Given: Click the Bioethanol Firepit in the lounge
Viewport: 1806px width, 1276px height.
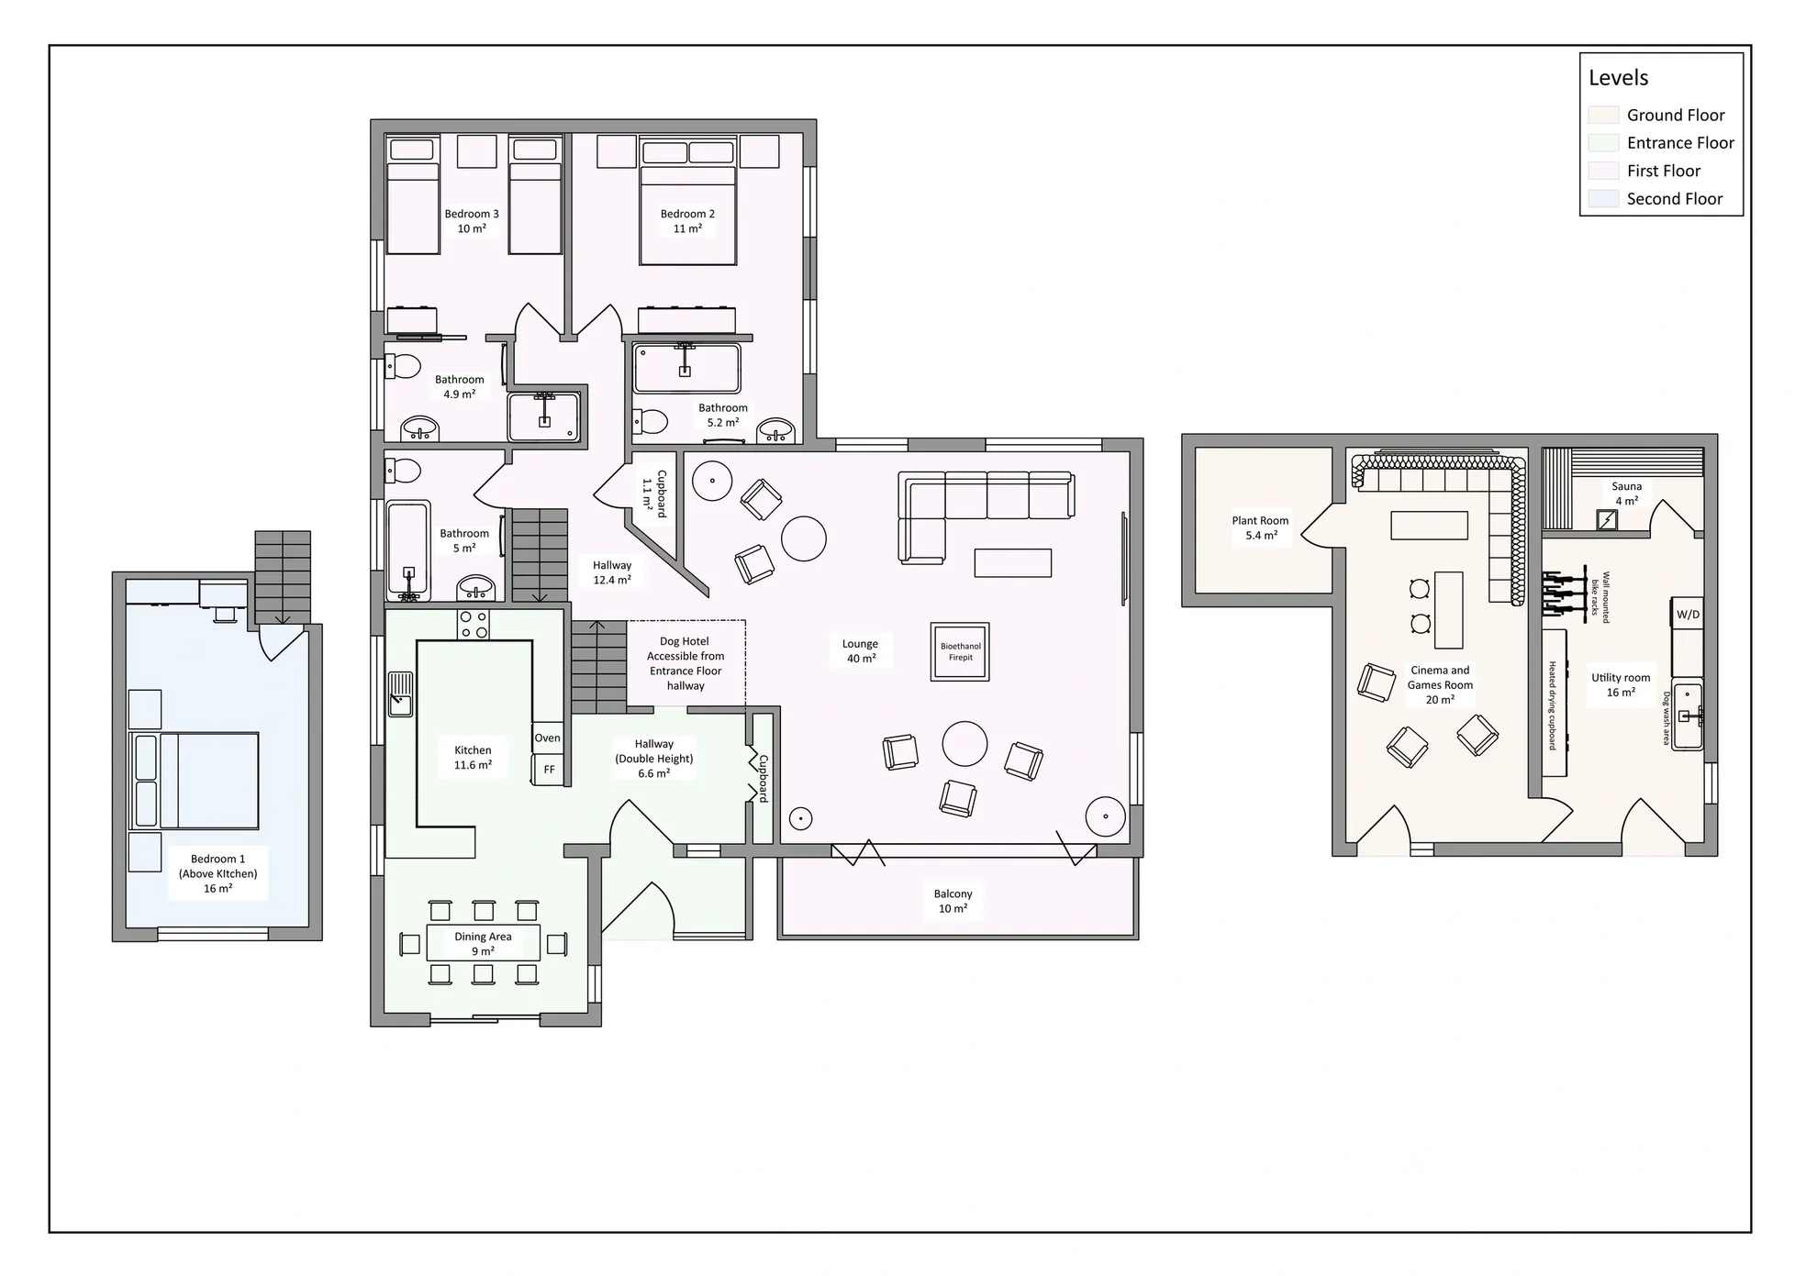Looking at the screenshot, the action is click(x=960, y=651).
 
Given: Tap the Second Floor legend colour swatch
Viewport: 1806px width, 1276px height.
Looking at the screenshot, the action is click(x=1603, y=199).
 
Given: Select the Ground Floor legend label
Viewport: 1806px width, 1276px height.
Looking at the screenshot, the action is click(x=1676, y=116).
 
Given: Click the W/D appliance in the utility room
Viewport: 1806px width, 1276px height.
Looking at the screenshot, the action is click(x=1688, y=614).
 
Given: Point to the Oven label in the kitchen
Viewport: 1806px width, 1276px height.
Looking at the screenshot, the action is click(x=547, y=738).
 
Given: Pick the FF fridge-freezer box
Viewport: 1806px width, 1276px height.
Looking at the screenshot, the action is click(x=549, y=769).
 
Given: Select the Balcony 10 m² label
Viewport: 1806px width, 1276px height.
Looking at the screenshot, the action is click(x=953, y=901).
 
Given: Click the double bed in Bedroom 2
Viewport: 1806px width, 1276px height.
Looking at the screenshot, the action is click(x=687, y=202).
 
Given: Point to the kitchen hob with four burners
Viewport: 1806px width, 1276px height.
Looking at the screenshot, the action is click(x=474, y=625).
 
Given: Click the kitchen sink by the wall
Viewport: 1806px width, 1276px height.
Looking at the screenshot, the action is click(x=400, y=693).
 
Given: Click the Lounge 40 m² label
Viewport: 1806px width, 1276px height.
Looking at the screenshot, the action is click(x=860, y=651).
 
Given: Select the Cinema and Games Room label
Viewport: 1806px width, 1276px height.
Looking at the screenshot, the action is click(x=1440, y=684).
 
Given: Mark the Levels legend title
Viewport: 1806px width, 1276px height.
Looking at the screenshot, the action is click(x=1619, y=78).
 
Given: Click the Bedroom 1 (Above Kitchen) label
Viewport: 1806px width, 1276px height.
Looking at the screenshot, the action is click(x=217, y=873).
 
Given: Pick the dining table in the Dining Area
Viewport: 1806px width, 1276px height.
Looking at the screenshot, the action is click(x=483, y=943).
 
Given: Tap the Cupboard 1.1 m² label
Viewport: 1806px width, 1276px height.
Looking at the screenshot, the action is click(x=654, y=494).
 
